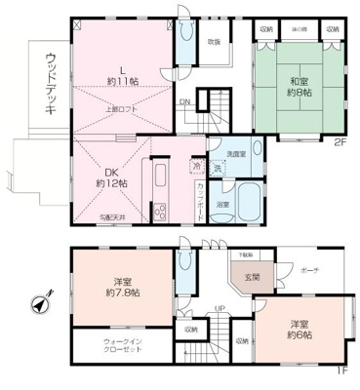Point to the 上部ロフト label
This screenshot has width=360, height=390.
(121, 108)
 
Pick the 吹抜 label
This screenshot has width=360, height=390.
(213, 41)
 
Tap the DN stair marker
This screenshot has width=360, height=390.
(182, 101)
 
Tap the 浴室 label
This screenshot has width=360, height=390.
(223, 204)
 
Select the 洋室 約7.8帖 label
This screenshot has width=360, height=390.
(125, 285)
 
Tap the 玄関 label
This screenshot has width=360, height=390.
(254, 277)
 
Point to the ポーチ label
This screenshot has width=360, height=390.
(309, 269)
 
